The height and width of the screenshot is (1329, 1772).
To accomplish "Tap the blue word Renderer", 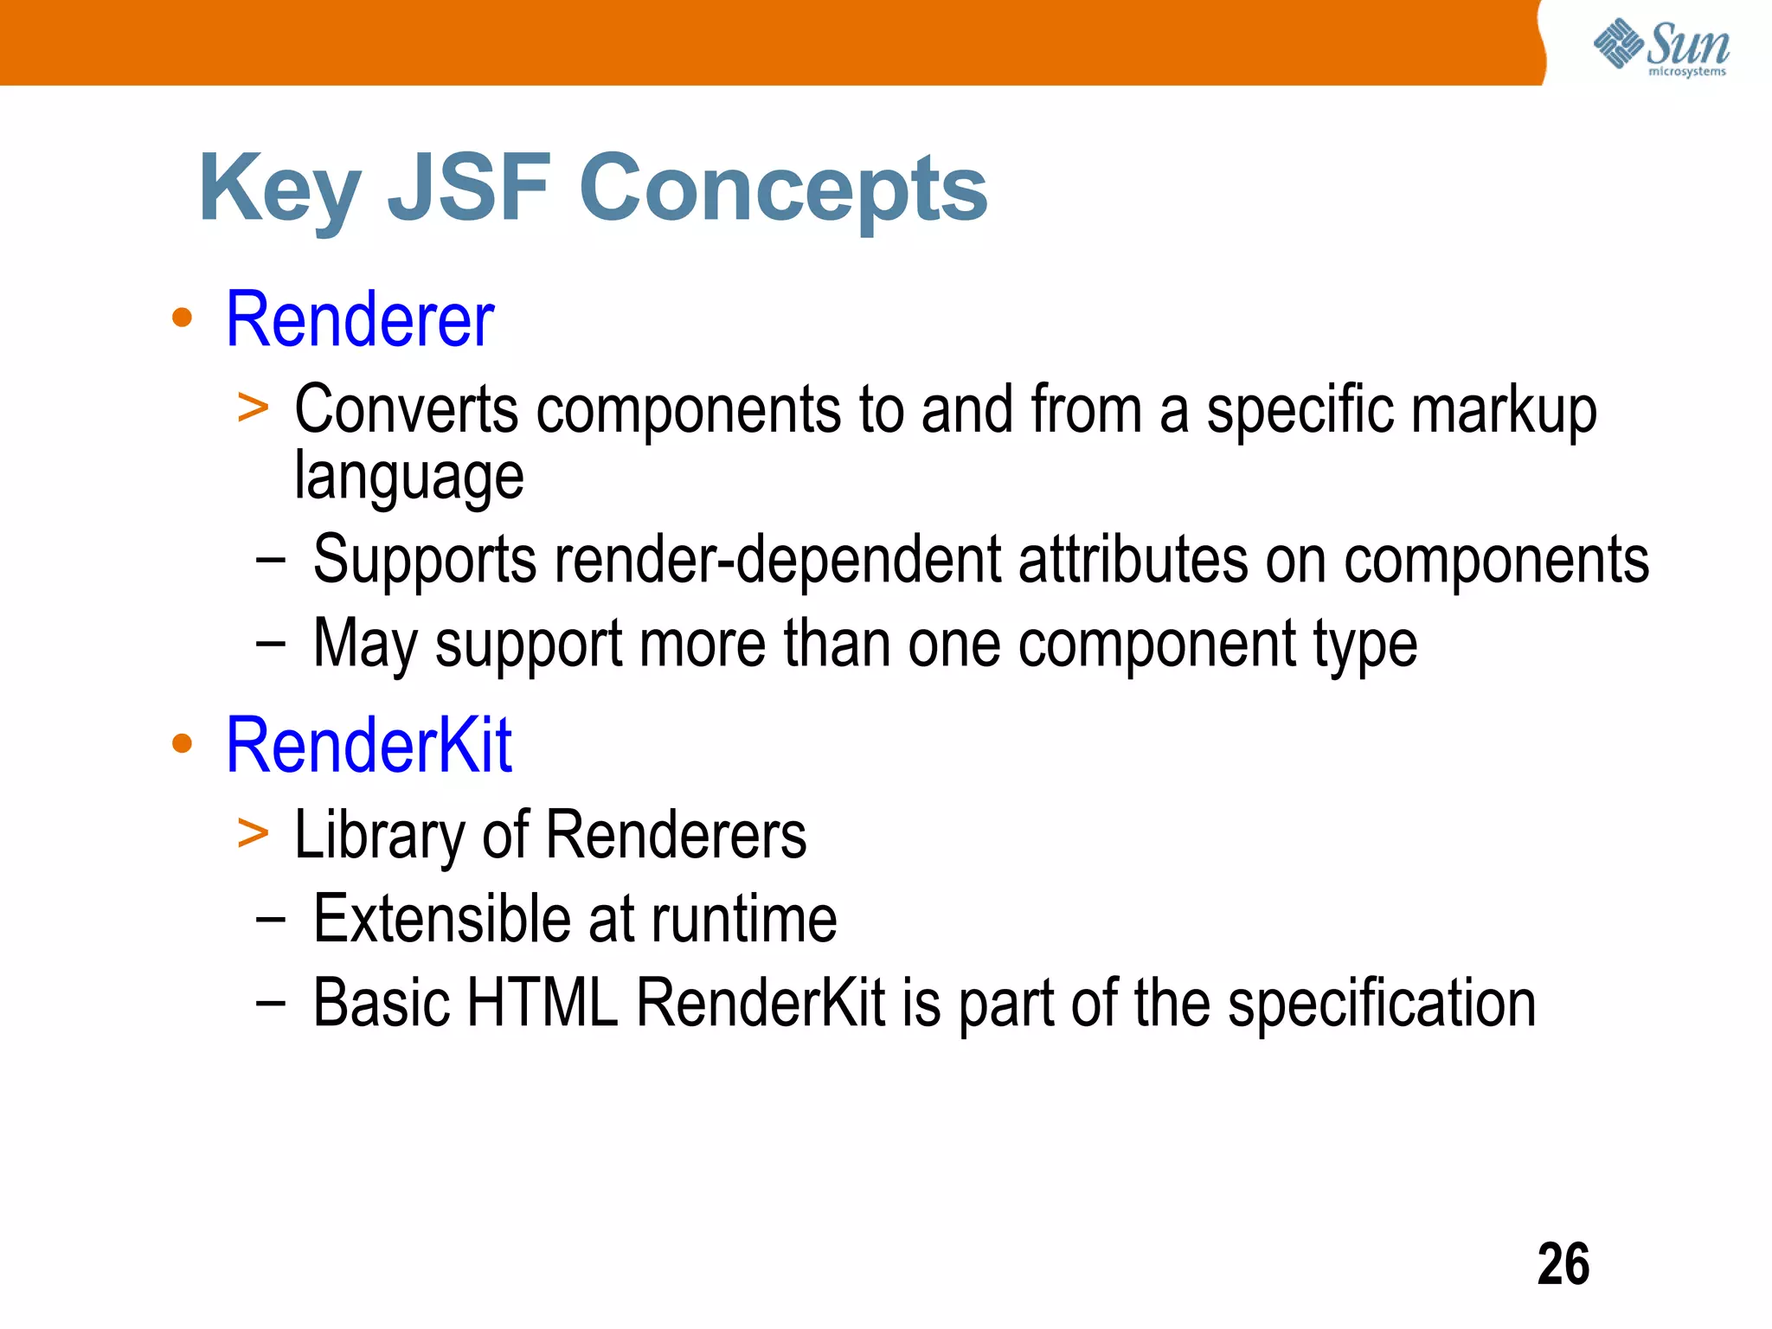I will tap(360, 320).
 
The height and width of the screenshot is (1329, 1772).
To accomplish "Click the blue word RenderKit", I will tap(369, 745).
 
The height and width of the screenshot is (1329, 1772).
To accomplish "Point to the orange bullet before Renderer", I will tap(182, 318).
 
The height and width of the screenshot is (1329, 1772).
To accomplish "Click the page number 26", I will tap(1563, 1264).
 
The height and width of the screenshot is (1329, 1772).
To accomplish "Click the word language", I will tap(408, 477).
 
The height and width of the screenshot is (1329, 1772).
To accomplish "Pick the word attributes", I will tap(1133, 560).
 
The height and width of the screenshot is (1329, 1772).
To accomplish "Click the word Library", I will tap(379, 836).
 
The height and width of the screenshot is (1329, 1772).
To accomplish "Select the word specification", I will tap(1382, 1004).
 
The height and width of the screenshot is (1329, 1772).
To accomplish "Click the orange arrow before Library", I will tap(253, 832).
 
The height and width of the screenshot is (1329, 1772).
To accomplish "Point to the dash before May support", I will tap(270, 644).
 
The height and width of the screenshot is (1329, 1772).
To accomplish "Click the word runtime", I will tap(744, 919).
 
